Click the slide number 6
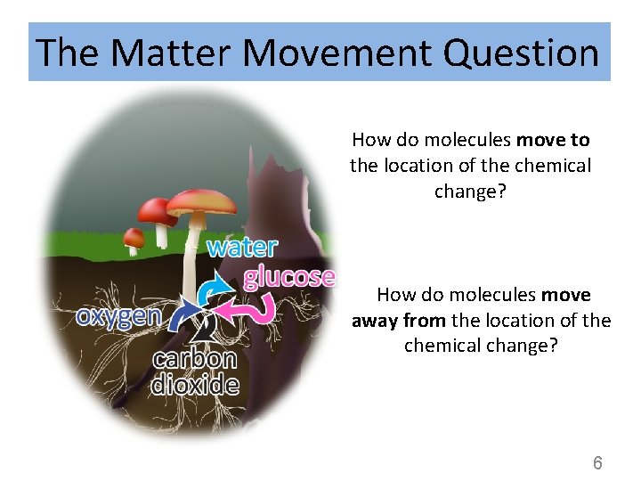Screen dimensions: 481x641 (x=597, y=462)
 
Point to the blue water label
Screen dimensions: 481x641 (x=242, y=247)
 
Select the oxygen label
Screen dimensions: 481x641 (x=118, y=315)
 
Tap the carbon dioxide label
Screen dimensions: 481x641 (x=195, y=371)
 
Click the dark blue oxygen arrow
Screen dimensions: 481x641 (x=185, y=314)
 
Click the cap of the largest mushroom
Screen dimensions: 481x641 (x=202, y=200)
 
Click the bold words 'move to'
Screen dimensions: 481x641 (x=553, y=140)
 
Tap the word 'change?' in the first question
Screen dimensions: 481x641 (x=470, y=192)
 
